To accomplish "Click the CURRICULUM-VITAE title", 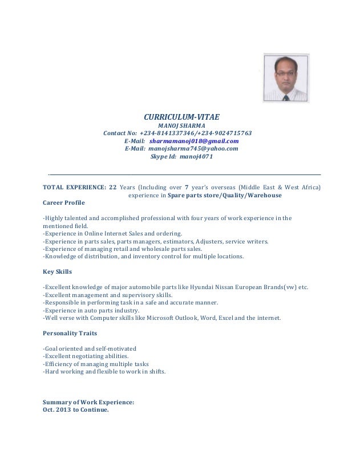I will click(x=181, y=116).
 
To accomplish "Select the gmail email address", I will click(x=194, y=140).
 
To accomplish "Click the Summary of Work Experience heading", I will click(x=88, y=402).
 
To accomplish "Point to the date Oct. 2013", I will click(x=57, y=409).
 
